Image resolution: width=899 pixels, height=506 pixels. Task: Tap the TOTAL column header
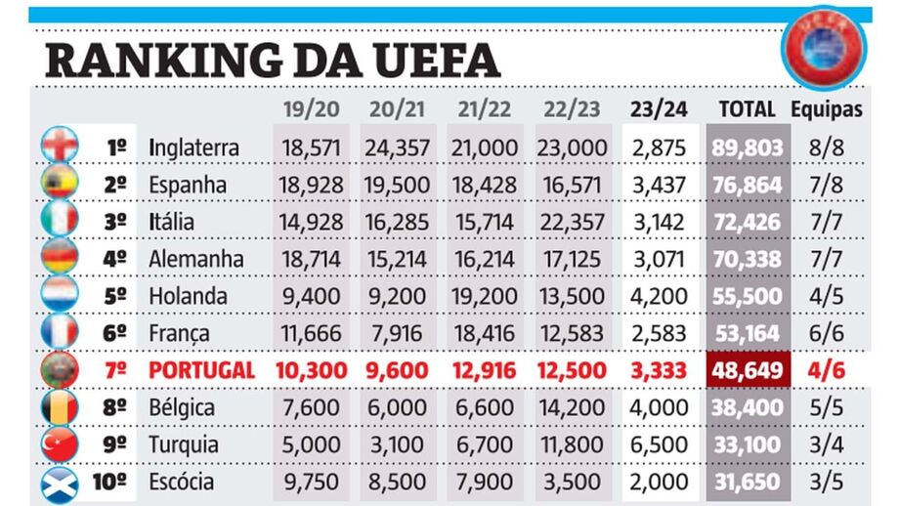pos(747,109)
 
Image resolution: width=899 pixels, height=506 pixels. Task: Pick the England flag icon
pos(59,147)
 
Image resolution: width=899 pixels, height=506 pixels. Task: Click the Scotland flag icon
pos(59,483)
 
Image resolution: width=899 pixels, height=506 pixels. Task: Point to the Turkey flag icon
pos(59,445)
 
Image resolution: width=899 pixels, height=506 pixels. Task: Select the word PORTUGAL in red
pos(202,370)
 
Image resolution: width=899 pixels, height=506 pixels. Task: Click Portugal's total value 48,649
pos(748,370)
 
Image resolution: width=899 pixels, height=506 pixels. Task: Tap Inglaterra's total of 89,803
pos(748,148)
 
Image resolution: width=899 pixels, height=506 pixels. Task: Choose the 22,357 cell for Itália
pos(572,222)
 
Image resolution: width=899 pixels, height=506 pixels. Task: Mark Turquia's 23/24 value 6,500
pos(659,444)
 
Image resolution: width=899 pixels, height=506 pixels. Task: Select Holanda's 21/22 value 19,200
pos(485,296)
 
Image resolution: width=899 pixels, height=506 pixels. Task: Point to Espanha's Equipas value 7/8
pos(827,185)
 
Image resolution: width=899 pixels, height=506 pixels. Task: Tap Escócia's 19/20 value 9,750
pos(310,482)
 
